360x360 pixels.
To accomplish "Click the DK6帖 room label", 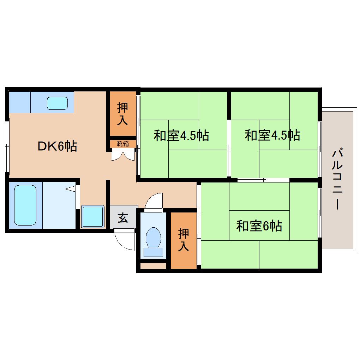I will (x=57, y=146).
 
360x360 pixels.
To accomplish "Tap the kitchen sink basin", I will (x=57, y=103).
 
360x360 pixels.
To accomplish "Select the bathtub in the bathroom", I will (x=25, y=205).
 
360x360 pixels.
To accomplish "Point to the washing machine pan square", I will (x=92, y=217).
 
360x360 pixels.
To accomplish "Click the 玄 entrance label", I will (x=122, y=218).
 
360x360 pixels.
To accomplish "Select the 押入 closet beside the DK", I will (x=122, y=114).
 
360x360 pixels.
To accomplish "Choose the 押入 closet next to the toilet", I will (x=184, y=240).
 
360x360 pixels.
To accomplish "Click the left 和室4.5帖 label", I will (x=181, y=135).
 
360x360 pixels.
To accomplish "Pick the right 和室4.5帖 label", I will (x=272, y=135).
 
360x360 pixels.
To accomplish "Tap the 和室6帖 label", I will (x=259, y=226).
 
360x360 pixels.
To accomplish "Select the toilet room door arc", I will (x=154, y=200).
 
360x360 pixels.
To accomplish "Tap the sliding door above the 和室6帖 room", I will (x=263, y=180).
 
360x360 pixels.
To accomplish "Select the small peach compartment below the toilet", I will (x=153, y=266).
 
